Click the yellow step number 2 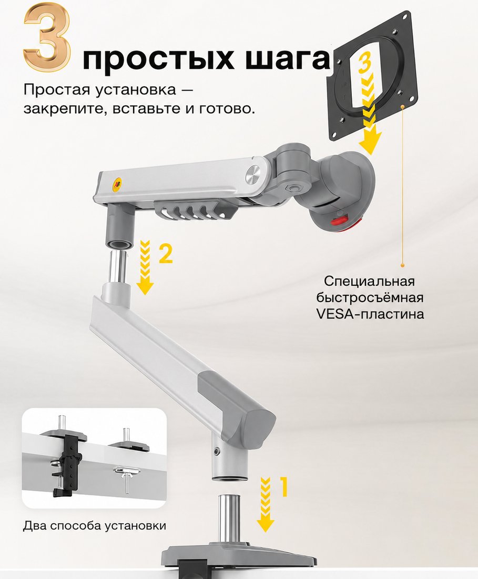click(x=166, y=254)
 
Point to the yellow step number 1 click(x=283, y=487)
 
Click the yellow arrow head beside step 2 click(x=145, y=286)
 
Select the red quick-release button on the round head click(x=339, y=222)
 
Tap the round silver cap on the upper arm click(x=253, y=174)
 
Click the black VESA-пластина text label click(x=370, y=314)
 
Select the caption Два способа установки click(x=94, y=525)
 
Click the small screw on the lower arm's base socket click(x=217, y=450)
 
